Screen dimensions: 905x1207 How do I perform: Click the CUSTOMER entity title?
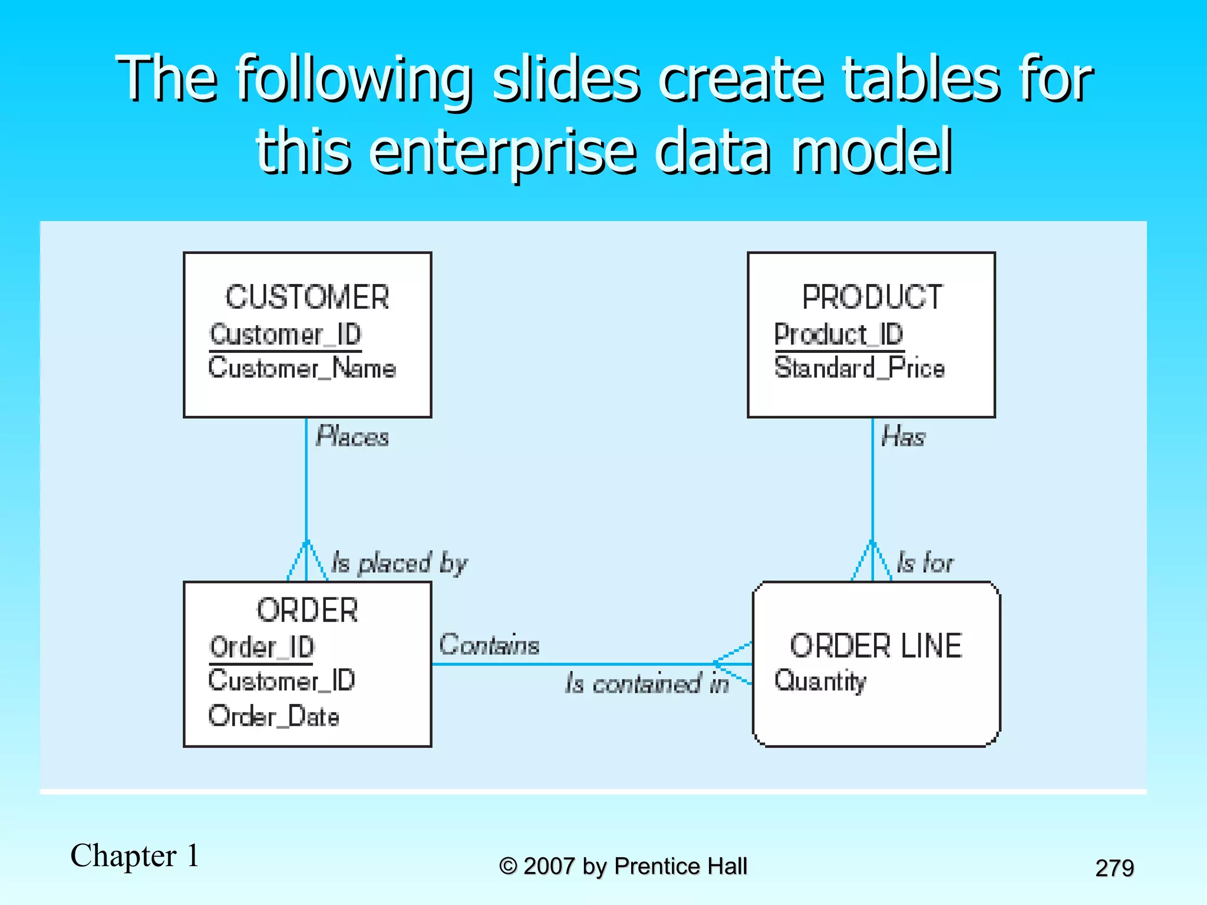[x=307, y=297]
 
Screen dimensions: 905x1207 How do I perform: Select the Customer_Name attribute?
[x=302, y=368]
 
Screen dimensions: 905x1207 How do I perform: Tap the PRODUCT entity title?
[x=872, y=297]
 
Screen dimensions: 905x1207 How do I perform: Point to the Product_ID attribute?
[x=839, y=335]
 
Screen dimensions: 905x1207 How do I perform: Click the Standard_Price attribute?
[x=859, y=368]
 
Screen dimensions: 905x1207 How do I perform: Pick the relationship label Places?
[x=352, y=437]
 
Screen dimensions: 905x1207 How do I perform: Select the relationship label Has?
[x=903, y=437]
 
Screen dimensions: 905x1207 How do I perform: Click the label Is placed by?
[x=399, y=563]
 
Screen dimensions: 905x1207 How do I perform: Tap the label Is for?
[x=925, y=563]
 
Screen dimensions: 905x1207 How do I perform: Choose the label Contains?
[x=489, y=645]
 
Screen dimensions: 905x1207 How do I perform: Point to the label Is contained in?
[x=647, y=683]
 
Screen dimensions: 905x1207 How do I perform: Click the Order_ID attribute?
[x=262, y=648]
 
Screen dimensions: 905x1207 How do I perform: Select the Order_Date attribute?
[x=274, y=716]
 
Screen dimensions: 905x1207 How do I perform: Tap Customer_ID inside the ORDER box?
[x=282, y=681]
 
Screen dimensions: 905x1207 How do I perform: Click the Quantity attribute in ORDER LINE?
[x=820, y=681]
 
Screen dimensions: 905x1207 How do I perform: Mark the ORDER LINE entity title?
[x=876, y=646]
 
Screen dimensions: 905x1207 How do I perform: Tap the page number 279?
[x=1114, y=868]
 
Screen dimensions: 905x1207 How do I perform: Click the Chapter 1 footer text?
[x=135, y=856]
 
